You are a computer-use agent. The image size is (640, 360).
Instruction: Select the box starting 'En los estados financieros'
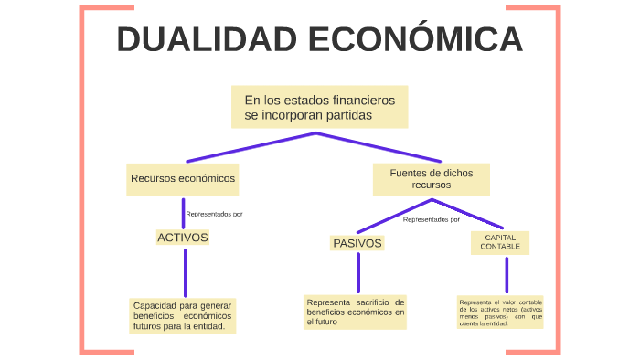(318, 107)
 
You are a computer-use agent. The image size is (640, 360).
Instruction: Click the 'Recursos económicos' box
(183, 179)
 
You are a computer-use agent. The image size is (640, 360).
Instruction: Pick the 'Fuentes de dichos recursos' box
(431, 178)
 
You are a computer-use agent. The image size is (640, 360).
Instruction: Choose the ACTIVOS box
(183, 238)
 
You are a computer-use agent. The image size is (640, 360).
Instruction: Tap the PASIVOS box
(357, 243)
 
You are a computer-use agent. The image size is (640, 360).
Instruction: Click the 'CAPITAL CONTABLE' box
(500, 242)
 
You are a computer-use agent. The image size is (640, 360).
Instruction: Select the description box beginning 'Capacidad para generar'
(183, 315)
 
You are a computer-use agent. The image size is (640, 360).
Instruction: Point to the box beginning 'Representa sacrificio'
(355, 312)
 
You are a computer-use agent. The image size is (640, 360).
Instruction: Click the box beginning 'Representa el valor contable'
(500, 312)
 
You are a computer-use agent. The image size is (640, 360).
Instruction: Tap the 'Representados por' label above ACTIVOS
(214, 214)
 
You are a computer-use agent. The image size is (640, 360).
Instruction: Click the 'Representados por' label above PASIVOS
(432, 219)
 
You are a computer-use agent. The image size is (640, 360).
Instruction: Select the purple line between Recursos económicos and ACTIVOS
(184, 212)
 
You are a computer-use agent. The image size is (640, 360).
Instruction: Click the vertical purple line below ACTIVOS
(185, 272)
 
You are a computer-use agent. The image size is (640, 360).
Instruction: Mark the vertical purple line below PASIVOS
(357, 272)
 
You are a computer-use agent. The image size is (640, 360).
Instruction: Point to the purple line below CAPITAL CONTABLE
(506, 274)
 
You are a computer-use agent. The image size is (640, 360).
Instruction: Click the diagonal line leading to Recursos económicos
(247, 148)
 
